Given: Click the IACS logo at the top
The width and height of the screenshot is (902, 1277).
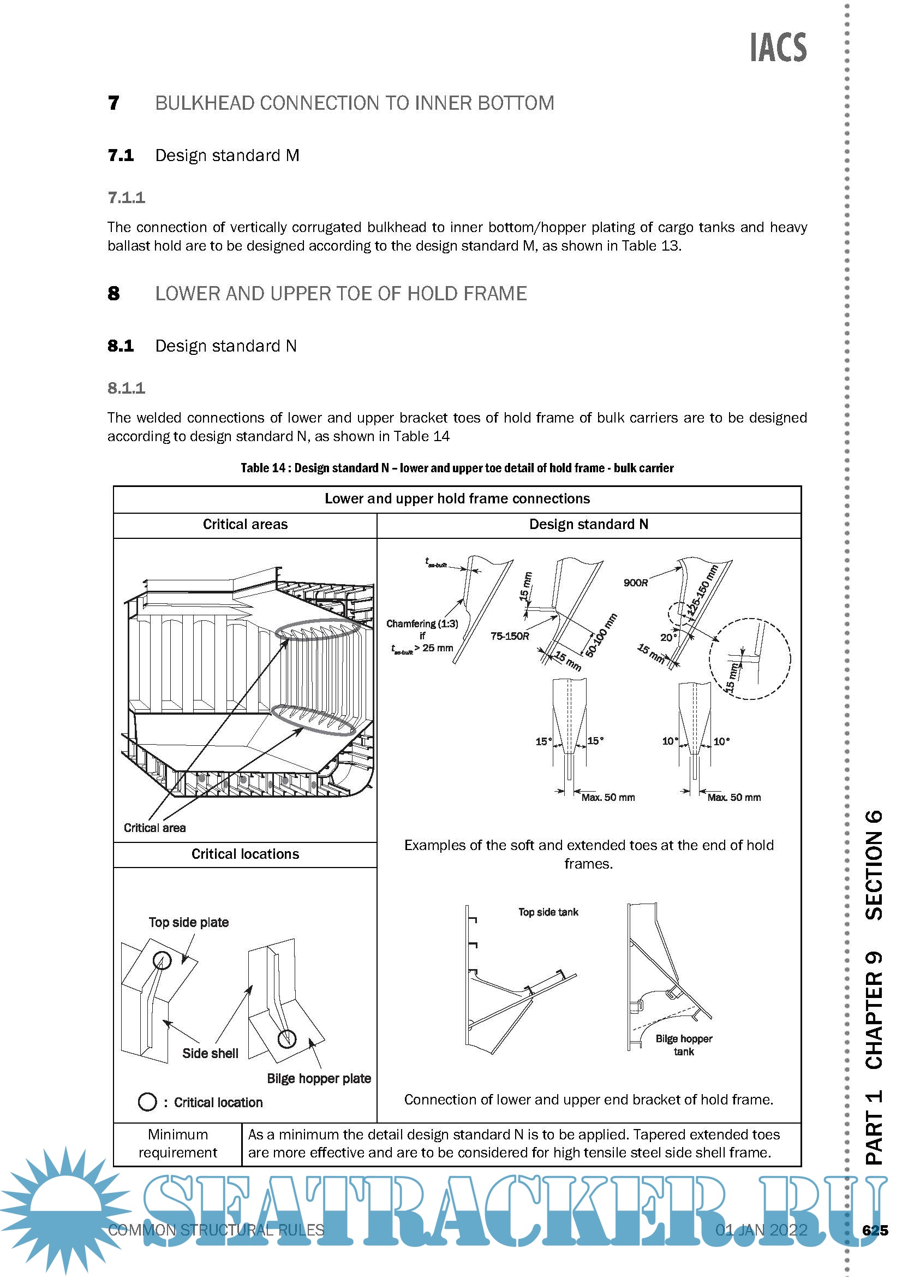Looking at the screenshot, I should pyautogui.click(x=778, y=48).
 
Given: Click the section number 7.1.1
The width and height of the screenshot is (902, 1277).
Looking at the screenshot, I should pyautogui.click(x=126, y=198).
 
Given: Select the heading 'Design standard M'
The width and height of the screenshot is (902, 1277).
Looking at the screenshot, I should pyautogui.click(x=227, y=155).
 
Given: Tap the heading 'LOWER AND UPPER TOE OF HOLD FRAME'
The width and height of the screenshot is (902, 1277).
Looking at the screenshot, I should pyautogui.click(x=341, y=294).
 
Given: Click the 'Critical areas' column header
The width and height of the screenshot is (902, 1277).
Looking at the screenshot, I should pyautogui.click(x=245, y=525).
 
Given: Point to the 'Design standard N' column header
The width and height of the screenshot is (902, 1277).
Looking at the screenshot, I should pyautogui.click(x=588, y=525).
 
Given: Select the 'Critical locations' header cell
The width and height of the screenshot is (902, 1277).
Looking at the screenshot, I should pyautogui.click(x=245, y=854).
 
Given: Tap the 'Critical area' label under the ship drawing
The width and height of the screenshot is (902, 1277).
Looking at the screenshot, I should pyautogui.click(x=154, y=828).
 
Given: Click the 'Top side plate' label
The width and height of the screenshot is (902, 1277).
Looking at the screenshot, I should pyautogui.click(x=188, y=922).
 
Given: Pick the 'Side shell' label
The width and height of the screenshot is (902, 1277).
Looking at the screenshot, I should pyautogui.click(x=210, y=1053).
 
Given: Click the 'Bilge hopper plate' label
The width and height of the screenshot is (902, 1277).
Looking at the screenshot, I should pyautogui.click(x=319, y=1078).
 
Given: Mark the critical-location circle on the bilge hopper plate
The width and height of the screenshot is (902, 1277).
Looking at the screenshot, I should pyautogui.click(x=287, y=1038).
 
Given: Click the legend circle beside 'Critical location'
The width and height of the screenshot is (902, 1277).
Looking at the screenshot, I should pyautogui.click(x=147, y=1102).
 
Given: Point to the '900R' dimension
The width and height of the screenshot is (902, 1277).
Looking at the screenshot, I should pyautogui.click(x=635, y=583).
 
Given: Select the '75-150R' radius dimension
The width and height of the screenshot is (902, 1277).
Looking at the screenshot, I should pyautogui.click(x=510, y=636).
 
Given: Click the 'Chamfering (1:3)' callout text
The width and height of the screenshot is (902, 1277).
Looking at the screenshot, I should pyautogui.click(x=422, y=623).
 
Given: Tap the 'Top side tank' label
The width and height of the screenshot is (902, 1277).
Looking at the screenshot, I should pyautogui.click(x=548, y=912).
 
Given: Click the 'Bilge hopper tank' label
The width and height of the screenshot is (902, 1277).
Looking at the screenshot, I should pyautogui.click(x=684, y=1045).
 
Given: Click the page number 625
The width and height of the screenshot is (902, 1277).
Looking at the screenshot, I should pyautogui.click(x=875, y=1230).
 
